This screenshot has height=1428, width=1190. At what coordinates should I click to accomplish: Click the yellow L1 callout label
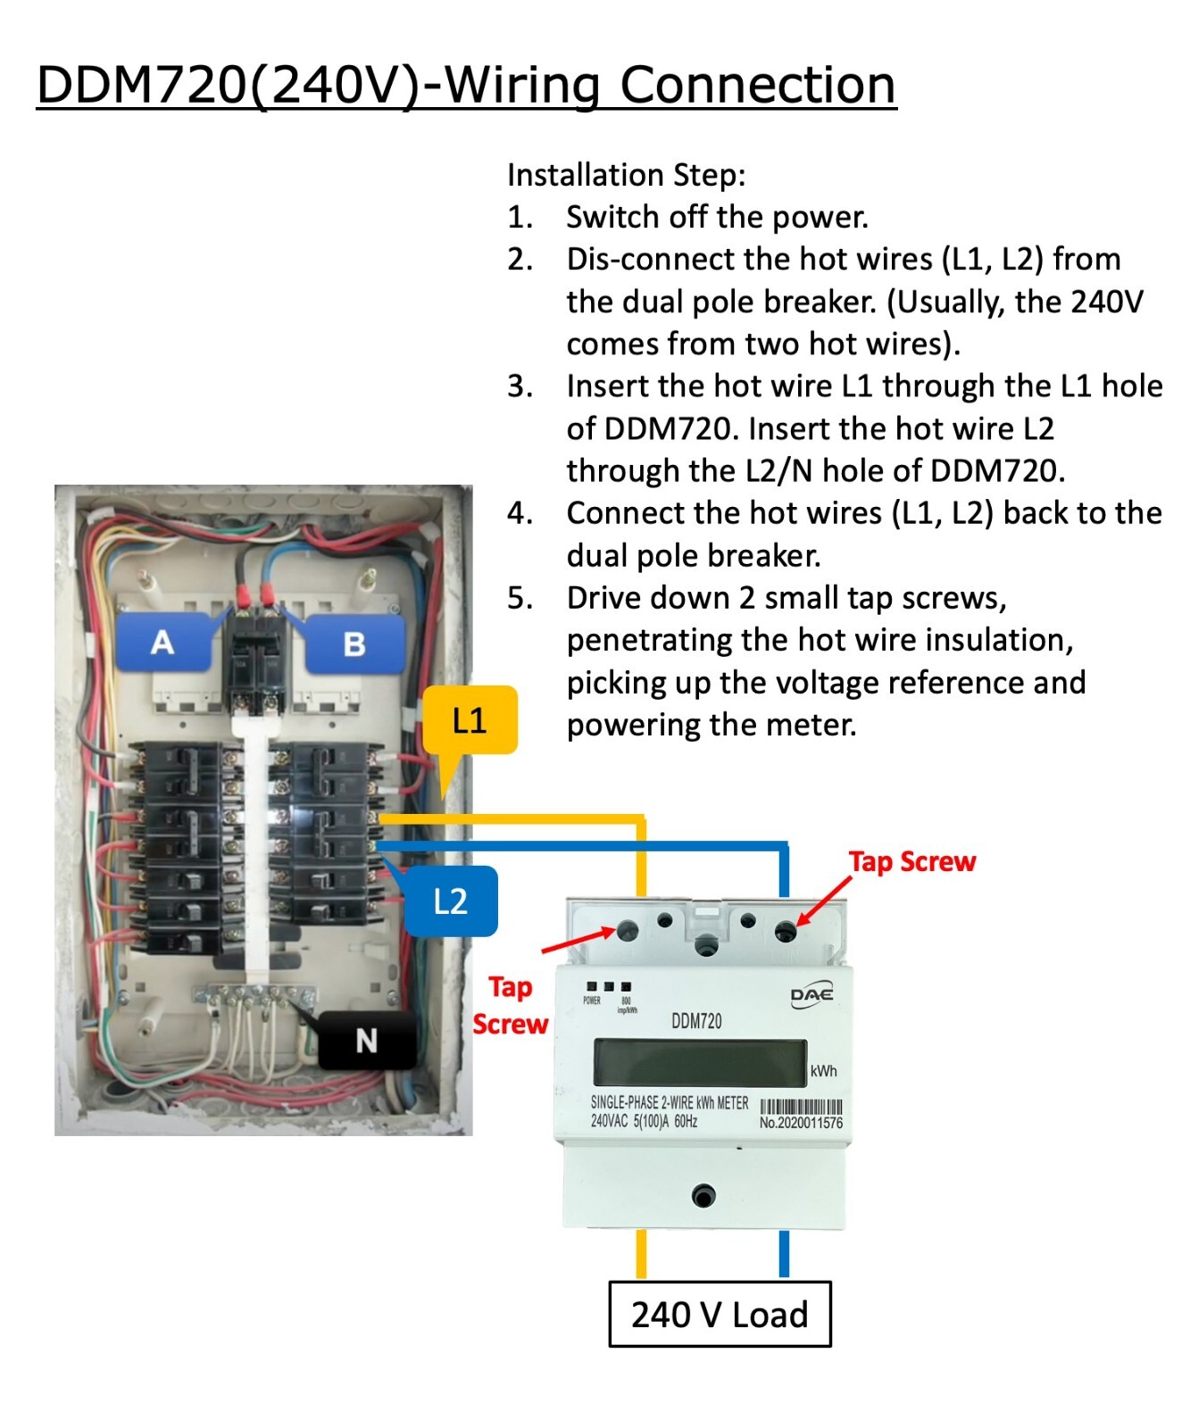point(470,719)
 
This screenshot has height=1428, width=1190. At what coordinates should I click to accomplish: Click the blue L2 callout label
point(451,901)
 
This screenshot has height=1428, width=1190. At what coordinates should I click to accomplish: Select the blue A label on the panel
point(162,642)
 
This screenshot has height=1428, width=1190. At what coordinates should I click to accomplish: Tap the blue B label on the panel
point(354,643)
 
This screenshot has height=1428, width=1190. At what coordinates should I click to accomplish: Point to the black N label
point(366,1040)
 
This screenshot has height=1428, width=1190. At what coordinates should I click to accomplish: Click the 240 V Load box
point(720,1314)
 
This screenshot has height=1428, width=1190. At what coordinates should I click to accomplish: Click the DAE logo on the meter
point(811,995)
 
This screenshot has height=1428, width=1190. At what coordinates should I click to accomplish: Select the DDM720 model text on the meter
point(696,1021)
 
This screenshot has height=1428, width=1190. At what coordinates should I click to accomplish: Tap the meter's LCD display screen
point(699,1063)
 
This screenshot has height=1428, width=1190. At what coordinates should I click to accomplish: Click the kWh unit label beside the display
point(823,1071)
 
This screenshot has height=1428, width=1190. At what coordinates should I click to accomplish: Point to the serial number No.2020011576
point(801,1123)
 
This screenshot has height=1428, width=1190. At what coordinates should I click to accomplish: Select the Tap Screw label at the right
point(911,861)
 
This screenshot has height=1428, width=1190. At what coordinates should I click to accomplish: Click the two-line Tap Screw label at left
point(510,1005)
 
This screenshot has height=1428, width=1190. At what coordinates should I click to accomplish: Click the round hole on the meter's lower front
point(703,1196)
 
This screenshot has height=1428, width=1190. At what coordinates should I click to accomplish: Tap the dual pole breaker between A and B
point(257,660)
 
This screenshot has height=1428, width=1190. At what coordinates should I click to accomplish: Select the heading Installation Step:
point(626,174)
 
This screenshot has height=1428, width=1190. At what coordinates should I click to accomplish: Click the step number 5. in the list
point(520,597)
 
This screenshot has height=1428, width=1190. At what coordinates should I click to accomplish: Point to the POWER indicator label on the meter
point(592,1000)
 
